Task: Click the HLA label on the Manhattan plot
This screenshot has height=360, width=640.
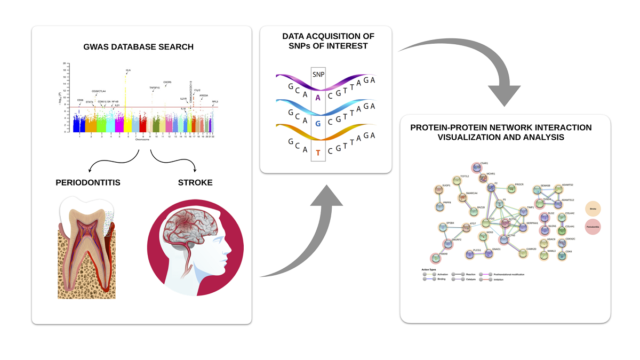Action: click(128, 70)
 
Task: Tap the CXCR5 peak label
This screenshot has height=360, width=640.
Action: click(167, 82)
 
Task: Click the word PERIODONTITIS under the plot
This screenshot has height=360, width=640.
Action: click(88, 182)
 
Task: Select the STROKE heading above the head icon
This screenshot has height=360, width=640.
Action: click(195, 182)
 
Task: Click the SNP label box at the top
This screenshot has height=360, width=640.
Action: click(319, 75)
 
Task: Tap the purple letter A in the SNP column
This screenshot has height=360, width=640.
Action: click(318, 97)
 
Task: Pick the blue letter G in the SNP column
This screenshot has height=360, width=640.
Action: click(318, 124)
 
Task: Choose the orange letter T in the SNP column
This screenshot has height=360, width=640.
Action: click(318, 153)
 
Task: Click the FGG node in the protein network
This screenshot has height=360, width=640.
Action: click(485, 223)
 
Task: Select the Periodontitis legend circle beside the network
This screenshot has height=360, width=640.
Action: click(594, 227)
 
